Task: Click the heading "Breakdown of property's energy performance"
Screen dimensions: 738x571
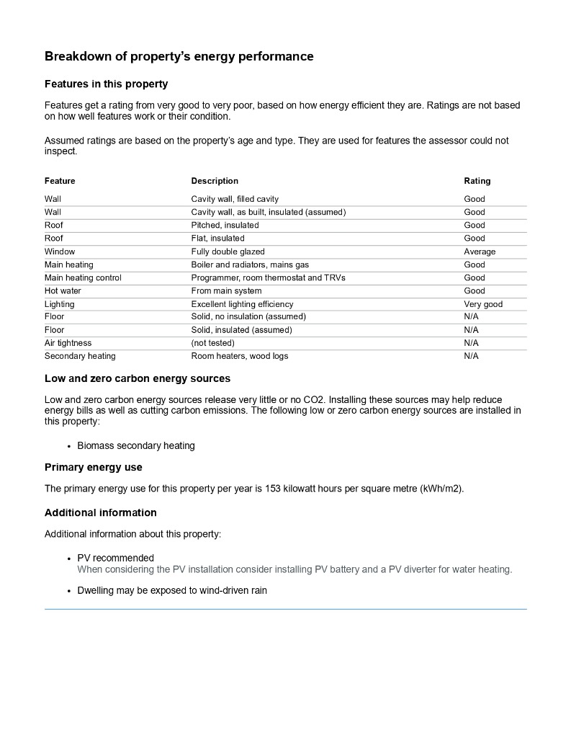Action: (x=179, y=56)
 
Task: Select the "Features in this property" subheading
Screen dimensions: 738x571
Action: (x=106, y=84)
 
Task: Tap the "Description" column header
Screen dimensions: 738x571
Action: (x=215, y=181)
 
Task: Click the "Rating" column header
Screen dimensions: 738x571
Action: (x=477, y=181)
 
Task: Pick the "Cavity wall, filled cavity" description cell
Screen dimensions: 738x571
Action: (x=235, y=199)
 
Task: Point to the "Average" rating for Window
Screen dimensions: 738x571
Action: (x=480, y=252)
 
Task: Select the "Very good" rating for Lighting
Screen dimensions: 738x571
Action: (x=483, y=304)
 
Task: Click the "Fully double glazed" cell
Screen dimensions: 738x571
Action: (x=228, y=252)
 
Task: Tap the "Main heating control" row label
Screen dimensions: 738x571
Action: (x=83, y=277)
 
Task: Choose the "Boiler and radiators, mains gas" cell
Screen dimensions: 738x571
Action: (x=250, y=264)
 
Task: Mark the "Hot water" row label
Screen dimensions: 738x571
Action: (x=63, y=291)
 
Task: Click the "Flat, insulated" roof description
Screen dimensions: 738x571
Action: (x=217, y=239)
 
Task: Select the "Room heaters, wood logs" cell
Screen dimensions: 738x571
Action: (x=240, y=356)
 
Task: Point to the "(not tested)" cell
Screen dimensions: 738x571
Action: (x=212, y=343)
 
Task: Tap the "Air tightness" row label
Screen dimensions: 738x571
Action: (x=68, y=343)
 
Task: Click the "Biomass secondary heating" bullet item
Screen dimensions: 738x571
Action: (x=136, y=445)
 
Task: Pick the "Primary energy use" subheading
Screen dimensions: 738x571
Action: (x=94, y=468)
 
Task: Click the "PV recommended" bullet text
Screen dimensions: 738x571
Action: (x=115, y=558)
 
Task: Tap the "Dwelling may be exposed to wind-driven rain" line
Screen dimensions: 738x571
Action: (x=172, y=591)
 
